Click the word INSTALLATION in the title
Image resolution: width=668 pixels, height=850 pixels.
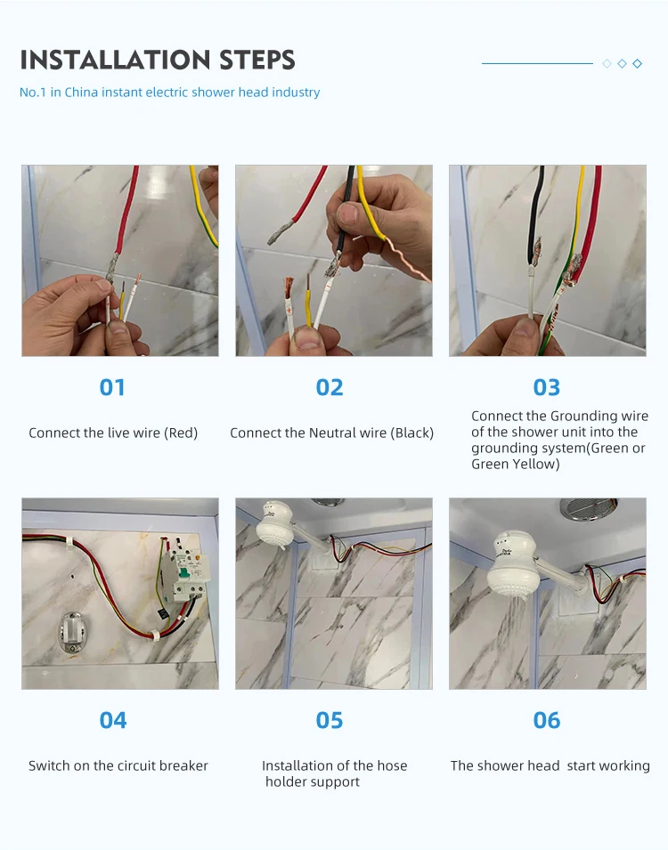coord(116,60)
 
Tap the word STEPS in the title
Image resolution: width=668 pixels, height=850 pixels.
coord(257,60)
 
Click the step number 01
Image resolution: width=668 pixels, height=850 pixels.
coord(112,387)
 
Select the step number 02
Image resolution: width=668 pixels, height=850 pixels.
coord(330,387)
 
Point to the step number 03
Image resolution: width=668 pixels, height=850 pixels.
coord(547,387)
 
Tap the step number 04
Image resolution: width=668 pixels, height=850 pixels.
coord(113,720)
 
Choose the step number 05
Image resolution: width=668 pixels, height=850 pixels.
coord(330,720)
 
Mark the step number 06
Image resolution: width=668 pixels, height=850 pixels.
coord(547,720)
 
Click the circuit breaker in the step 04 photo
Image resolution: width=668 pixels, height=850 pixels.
coord(187,572)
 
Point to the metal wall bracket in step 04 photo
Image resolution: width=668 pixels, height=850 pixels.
coord(70,633)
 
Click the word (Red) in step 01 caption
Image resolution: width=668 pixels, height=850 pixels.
coord(181,433)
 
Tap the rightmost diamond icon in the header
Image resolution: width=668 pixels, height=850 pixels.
coord(638,64)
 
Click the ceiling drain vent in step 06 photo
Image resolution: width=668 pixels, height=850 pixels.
coord(589,509)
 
